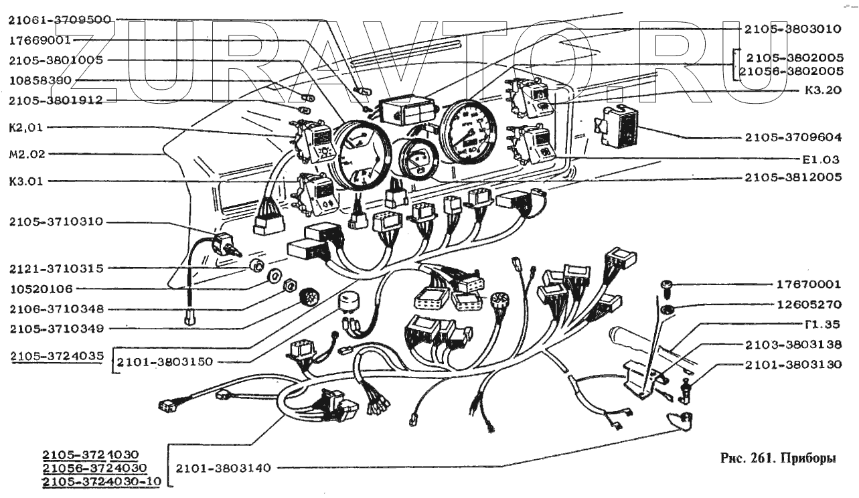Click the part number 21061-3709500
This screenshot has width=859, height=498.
coord(60,20)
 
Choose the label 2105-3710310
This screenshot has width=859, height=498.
coord(56,222)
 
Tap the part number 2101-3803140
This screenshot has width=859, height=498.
coord(222,469)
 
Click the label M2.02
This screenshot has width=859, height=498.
coord(27,153)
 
